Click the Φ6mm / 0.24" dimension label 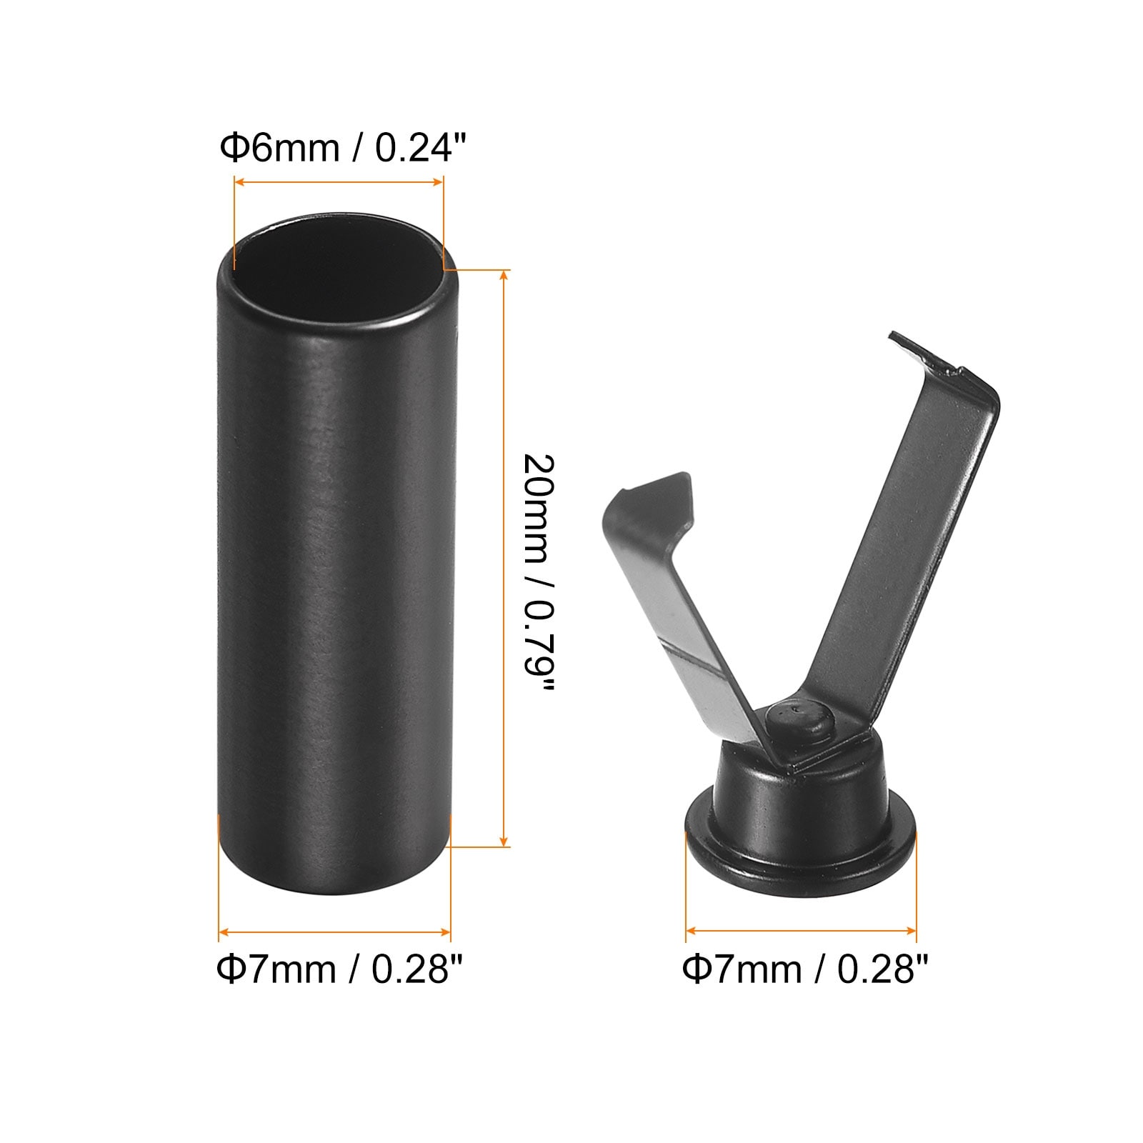tap(343, 148)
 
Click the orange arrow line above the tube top tap(339, 184)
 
